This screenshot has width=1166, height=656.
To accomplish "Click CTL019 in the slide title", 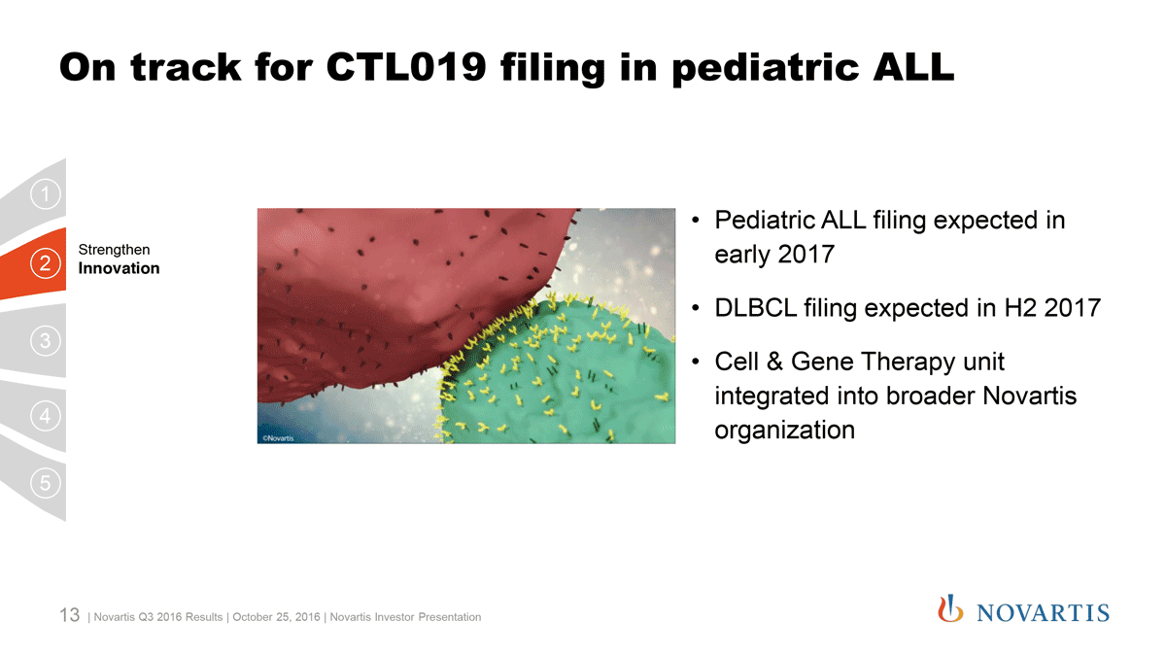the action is click(x=406, y=67).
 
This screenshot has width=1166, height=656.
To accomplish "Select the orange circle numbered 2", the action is click(x=46, y=263).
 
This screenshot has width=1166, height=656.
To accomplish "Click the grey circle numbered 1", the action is click(x=46, y=194).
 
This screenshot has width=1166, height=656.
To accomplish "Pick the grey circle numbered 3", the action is click(x=46, y=341).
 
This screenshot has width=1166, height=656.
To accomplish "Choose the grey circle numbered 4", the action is click(x=46, y=416).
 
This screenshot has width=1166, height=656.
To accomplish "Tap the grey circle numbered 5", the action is click(x=46, y=483).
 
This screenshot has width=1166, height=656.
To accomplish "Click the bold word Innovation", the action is click(x=119, y=268).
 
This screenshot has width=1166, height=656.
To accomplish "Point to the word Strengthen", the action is click(x=114, y=251).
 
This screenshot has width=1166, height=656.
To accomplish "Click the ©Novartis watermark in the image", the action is click(x=278, y=438).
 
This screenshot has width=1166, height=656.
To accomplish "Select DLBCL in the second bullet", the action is click(x=755, y=308).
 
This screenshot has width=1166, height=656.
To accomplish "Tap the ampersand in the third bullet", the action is click(x=774, y=362).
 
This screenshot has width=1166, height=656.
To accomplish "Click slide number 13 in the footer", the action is click(x=69, y=615).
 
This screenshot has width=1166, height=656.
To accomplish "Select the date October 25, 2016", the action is click(x=276, y=617).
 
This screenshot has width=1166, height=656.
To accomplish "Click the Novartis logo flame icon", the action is click(x=950, y=608).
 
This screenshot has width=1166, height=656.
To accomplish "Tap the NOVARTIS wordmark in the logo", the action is click(x=1043, y=613).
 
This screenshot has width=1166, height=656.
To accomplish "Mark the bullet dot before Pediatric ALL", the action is click(x=696, y=221).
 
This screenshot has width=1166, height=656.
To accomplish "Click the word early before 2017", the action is click(x=742, y=255).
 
